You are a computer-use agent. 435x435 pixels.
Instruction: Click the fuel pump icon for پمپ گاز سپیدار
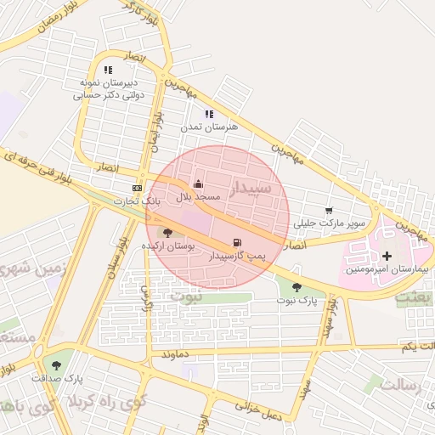click(x=235, y=242)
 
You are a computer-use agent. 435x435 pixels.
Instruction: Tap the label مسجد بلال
click(x=198, y=196)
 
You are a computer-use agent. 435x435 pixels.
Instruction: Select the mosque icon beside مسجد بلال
click(x=198, y=184)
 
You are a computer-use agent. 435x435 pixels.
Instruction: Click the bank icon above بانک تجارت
click(x=137, y=188)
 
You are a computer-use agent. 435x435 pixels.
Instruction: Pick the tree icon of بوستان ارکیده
click(x=167, y=232)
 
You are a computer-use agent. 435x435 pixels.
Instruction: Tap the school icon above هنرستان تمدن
click(x=209, y=113)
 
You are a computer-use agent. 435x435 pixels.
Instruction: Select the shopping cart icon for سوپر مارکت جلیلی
click(x=329, y=211)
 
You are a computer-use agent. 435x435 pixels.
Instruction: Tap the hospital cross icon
click(x=387, y=255)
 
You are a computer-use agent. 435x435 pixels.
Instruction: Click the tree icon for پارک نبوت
click(x=297, y=287)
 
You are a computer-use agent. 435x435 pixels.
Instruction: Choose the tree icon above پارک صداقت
click(x=56, y=364)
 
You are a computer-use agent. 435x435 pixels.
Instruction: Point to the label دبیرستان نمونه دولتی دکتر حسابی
click(x=106, y=89)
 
